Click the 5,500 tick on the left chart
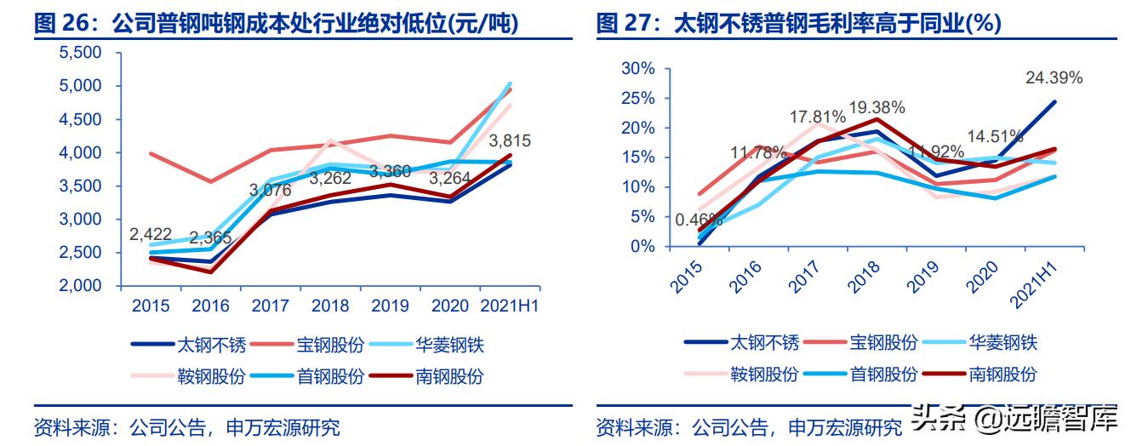coord(81,53)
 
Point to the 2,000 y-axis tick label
coord(81,286)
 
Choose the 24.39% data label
coord(1054,78)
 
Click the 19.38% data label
coord(877,108)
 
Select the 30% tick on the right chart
coord(638,69)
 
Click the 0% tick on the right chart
coord(643,246)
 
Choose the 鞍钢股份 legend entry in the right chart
coord(764,374)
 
